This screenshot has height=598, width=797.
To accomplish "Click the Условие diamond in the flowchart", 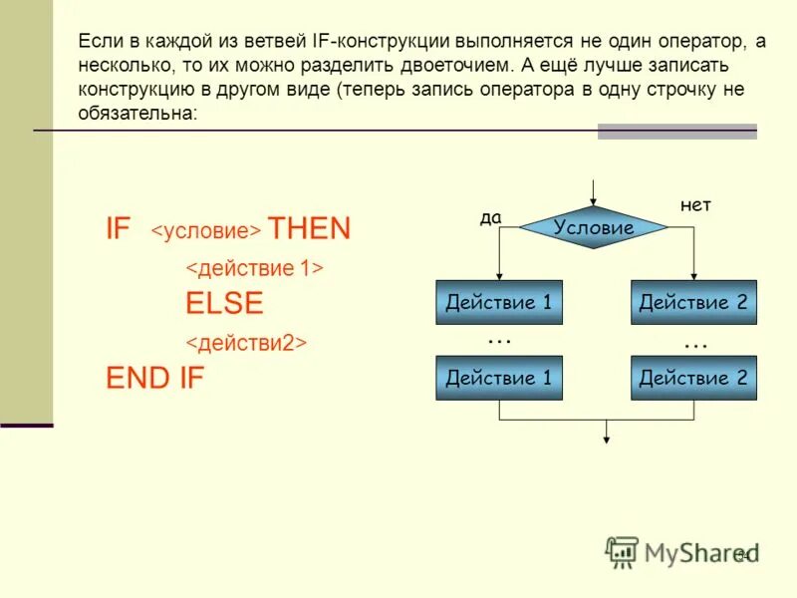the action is [x=593, y=227].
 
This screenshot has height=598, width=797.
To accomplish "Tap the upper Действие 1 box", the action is [x=498, y=302].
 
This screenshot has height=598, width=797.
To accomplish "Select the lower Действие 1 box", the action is [x=498, y=378].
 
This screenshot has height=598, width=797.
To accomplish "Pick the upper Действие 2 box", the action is [x=692, y=302].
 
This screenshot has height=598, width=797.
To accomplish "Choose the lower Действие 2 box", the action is [x=692, y=378].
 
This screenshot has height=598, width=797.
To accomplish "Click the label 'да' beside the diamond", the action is [x=490, y=218].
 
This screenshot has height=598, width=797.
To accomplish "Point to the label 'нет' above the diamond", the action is [x=695, y=204].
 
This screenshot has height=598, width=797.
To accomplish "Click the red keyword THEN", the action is [x=309, y=229].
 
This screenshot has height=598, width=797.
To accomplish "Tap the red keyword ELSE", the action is [x=224, y=304].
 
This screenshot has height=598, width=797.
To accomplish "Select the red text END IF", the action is [x=154, y=379].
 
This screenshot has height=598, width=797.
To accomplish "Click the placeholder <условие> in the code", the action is [x=205, y=232].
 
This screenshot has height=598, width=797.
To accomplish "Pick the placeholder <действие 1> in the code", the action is [x=255, y=268].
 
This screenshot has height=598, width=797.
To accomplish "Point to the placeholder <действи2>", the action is [x=246, y=343].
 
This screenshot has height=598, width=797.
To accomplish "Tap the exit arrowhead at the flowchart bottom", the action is [x=607, y=436].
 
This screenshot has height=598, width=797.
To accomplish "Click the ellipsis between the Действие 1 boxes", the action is [x=498, y=341].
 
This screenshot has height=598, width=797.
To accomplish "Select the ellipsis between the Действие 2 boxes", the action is [x=694, y=344].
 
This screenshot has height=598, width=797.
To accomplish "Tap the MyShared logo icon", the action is [x=623, y=551].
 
